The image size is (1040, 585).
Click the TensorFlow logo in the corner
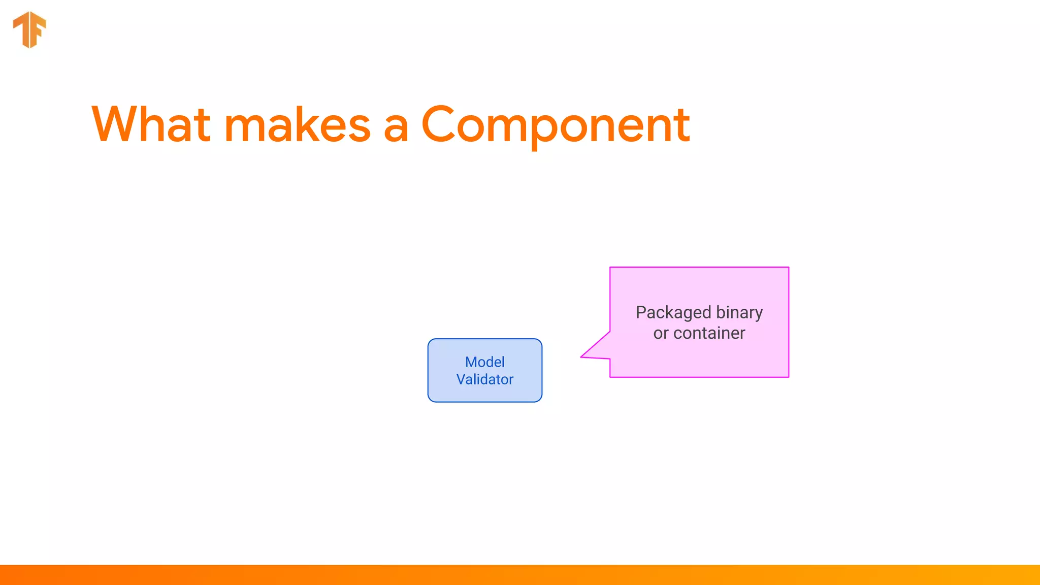(29, 29)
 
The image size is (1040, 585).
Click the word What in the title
(151, 124)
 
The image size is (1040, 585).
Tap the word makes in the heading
(298, 125)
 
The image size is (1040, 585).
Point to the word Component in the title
(555, 125)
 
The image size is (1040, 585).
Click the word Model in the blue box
(484, 362)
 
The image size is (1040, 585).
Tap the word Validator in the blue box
(484, 379)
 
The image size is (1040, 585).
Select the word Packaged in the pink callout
(673, 313)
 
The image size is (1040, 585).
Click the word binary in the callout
(739, 313)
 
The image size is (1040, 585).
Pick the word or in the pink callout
(661, 333)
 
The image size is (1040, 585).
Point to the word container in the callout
(709, 333)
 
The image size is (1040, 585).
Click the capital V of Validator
(461, 379)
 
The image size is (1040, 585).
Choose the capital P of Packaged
(641, 312)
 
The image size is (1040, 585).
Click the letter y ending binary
(758, 315)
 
